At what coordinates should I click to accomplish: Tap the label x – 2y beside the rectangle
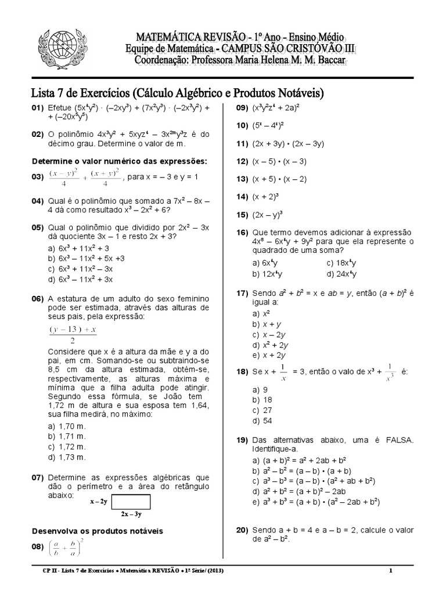point(98,501)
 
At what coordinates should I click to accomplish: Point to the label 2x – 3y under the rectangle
point(131,514)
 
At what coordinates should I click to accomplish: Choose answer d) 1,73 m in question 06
point(68,457)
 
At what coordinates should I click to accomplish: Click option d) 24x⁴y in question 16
point(341,274)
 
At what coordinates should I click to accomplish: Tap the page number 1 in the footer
point(391,571)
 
